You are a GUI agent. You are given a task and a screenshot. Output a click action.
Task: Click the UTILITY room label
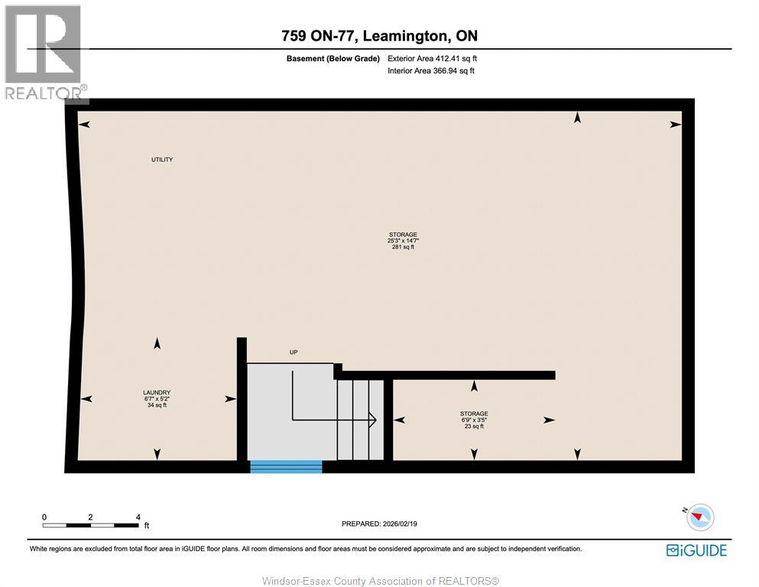click(161, 160)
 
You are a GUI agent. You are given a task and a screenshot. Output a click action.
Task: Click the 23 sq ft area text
click(474, 426)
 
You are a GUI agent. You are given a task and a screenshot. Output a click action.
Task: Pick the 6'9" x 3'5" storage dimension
click(474, 420)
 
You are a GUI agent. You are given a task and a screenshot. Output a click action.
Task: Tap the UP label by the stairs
click(293, 352)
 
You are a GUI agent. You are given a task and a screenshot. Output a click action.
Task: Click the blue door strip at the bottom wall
click(286, 466)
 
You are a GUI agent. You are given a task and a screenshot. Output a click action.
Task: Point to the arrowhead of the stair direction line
click(372, 419)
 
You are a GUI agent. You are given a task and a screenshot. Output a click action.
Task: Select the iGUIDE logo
click(696, 550)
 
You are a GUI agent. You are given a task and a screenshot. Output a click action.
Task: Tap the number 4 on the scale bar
click(138, 517)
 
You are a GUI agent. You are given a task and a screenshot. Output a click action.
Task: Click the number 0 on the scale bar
click(44, 517)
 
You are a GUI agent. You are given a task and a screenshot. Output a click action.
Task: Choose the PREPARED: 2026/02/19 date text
click(380, 524)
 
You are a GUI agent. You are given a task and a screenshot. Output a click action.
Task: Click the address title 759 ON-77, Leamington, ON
click(379, 36)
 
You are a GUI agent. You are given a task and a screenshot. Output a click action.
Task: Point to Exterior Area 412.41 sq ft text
click(433, 58)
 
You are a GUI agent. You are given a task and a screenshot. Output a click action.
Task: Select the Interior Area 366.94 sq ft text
click(431, 71)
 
